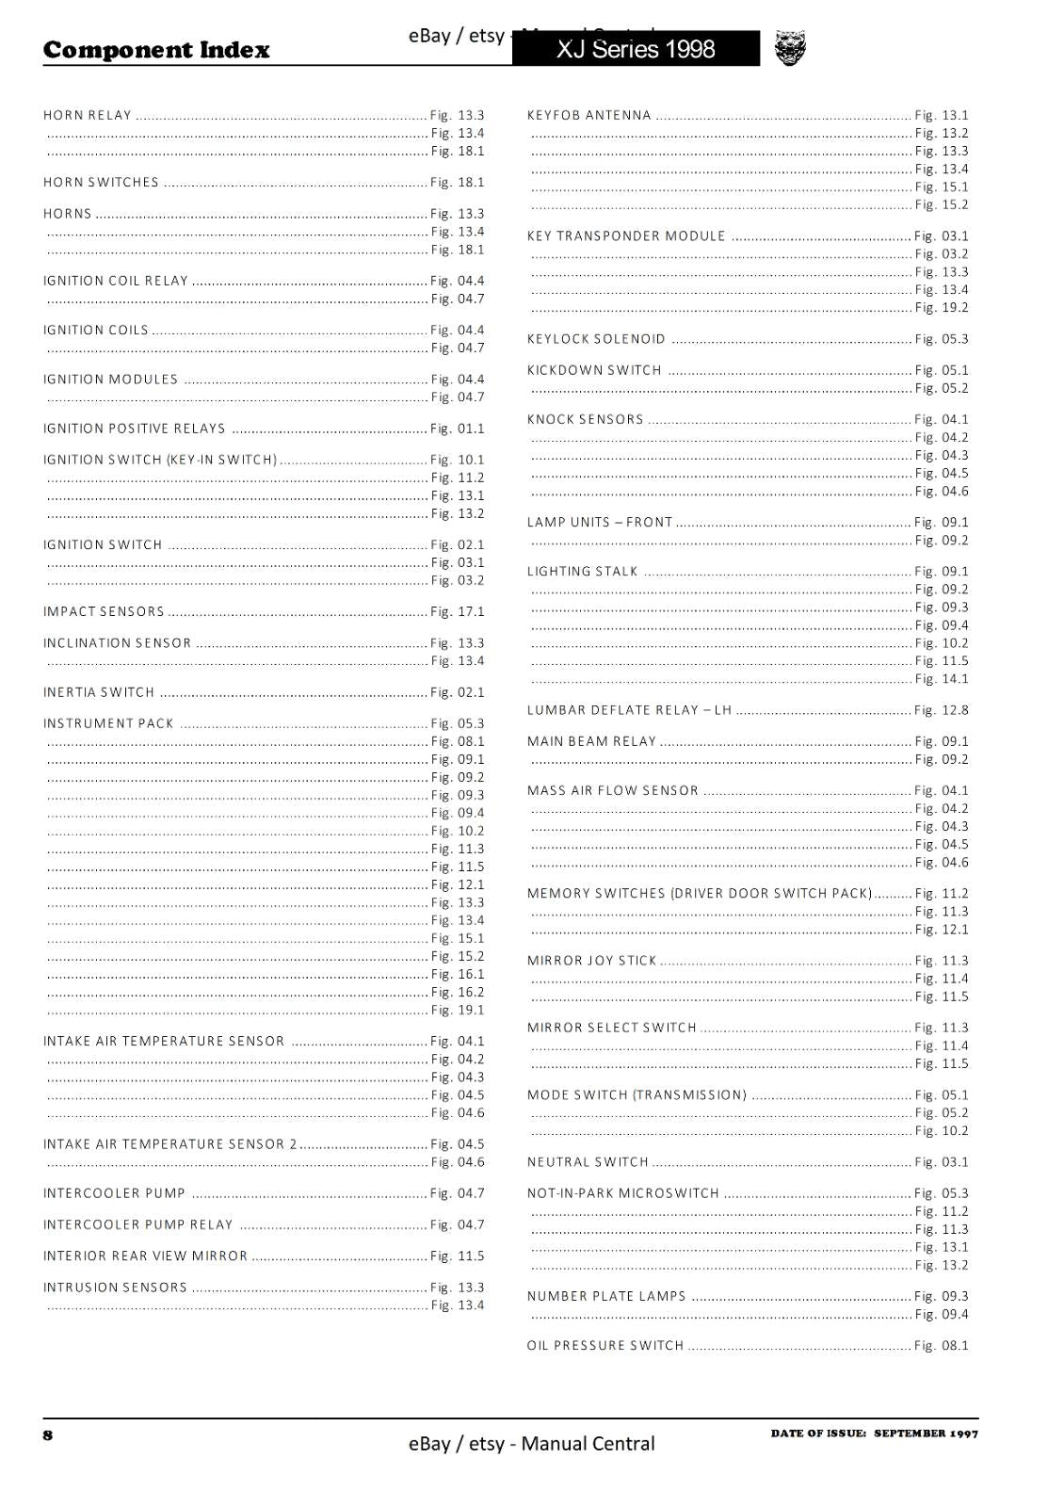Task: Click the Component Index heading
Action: [156, 50]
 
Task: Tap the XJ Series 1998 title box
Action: [636, 49]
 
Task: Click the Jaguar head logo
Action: [790, 49]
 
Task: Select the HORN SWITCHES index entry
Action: [101, 183]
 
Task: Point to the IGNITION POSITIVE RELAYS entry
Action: [135, 429]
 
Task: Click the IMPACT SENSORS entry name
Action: [104, 612]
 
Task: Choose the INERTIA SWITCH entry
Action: [99, 692]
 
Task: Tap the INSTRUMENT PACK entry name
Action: [108, 723]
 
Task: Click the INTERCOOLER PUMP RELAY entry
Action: [137, 1224]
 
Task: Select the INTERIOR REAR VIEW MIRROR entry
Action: [145, 1256]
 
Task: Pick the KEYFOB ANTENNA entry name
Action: [589, 116]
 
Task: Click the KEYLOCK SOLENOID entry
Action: [596, 339]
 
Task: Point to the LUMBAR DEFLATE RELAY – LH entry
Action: [629, 710]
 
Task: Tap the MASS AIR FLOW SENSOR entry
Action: [613, 791]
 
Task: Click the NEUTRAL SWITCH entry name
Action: [588, 1162]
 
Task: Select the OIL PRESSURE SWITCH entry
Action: [605, 1346]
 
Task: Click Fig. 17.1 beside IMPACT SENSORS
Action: [458, 612]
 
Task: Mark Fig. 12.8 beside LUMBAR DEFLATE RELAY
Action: [942, 710]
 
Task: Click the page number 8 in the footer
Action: [48, 1435]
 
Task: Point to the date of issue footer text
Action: [874, 1434]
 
